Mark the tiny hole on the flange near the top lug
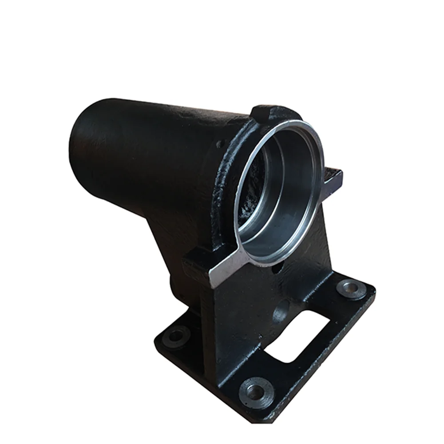coord(218,144)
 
